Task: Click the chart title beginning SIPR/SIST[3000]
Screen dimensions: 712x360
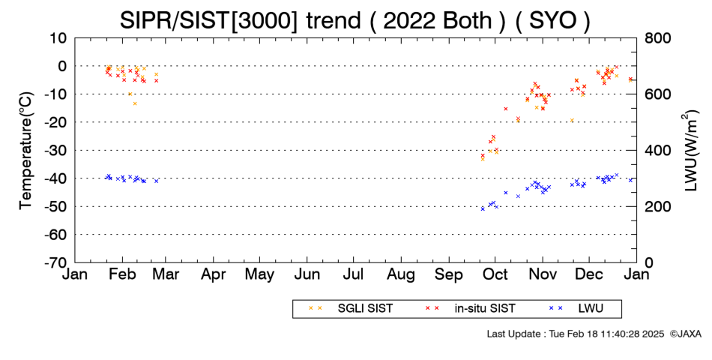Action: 355,20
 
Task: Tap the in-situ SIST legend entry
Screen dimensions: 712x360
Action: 470,308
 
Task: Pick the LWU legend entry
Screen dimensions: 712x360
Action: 576,308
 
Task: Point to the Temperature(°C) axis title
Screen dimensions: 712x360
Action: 26,151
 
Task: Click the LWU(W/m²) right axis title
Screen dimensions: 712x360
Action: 690,151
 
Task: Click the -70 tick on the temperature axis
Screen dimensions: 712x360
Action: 56,262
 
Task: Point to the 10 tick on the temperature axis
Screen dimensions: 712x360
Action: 59,38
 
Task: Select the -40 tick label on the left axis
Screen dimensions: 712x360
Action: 56,178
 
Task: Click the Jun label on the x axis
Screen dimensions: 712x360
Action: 307,274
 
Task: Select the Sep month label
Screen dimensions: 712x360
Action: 449,274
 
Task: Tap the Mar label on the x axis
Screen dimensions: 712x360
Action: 166,274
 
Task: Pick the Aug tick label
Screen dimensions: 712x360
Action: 401,274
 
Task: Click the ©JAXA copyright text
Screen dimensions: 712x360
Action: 685,334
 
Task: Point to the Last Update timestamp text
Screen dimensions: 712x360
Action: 576,334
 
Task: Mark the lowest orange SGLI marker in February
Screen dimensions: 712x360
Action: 135,103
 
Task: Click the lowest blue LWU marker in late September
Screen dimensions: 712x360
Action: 483,208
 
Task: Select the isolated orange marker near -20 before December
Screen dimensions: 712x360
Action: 572,121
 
